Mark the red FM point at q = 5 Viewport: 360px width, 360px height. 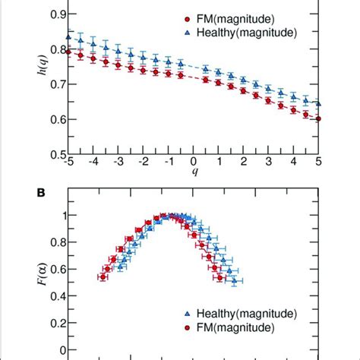(x=318, y=118)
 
